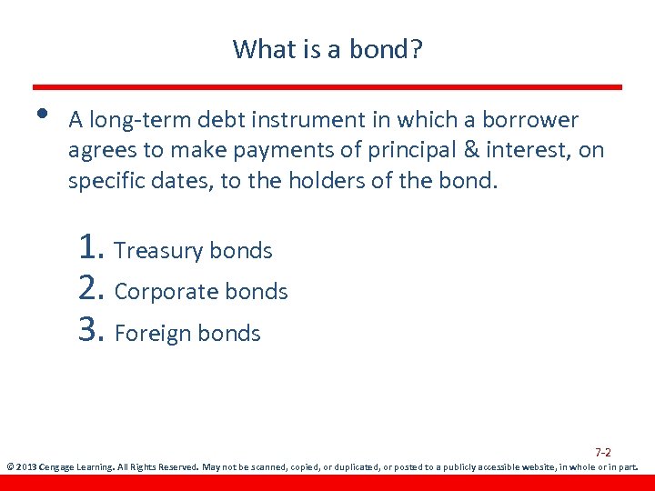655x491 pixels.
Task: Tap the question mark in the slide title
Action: tap(417, 48)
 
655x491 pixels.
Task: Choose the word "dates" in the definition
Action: tap(179, 180)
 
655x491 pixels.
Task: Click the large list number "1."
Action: tap(92, 247)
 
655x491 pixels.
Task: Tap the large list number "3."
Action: tap(93, 331)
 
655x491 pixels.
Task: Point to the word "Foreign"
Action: tap(151, 334)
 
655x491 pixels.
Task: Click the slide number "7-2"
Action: tap(602, 452)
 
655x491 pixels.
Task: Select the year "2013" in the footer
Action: tap(27, 467)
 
